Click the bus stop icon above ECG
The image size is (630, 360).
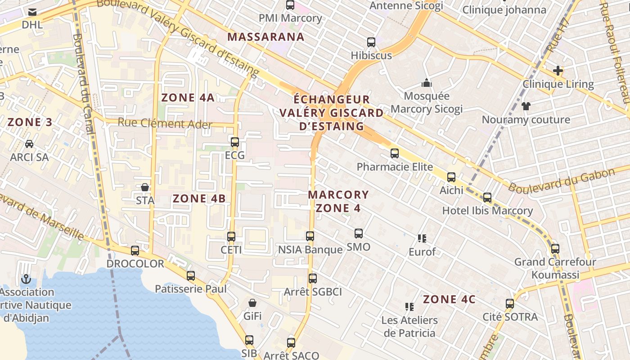pos(234,142)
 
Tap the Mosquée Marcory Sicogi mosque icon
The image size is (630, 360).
pos(426,83)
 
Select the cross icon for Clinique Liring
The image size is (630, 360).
pos(558,71)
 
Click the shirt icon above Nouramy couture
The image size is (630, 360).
pos(526,106)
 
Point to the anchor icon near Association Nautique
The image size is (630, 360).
pos(26,279)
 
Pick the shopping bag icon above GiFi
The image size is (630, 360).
pos(252,303)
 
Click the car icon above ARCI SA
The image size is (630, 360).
pos(29,144)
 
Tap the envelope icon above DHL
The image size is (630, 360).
pos(32,12)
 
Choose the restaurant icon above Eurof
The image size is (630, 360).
pos(422,238)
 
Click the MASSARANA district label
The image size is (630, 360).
pos(266,37)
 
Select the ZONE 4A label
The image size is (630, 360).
pos(188,97)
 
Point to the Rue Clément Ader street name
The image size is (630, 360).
pos(165,123)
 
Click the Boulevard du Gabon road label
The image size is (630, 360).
pos(562,181)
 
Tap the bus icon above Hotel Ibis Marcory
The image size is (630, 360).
pos(487,197)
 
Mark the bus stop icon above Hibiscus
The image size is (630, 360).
pos(371,42)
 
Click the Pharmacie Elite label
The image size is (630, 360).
pos(395,167)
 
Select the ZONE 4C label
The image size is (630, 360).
pos(449,299)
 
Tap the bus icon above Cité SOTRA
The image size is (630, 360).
pos(510,304)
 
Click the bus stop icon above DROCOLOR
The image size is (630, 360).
pos(135,251)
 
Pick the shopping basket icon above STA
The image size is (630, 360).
pos(145,187)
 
